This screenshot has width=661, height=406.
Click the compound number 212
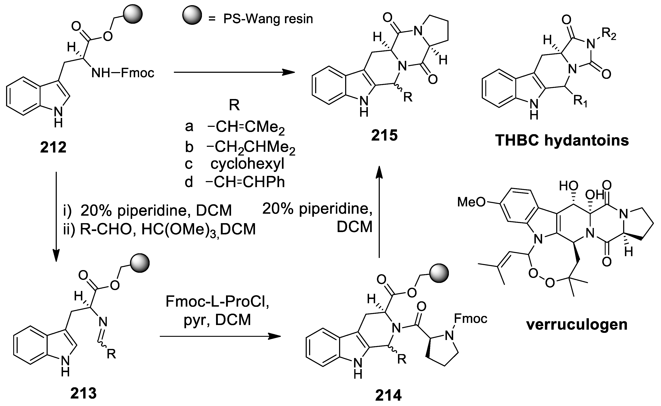[53, 147]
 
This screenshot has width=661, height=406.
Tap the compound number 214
[389, 395]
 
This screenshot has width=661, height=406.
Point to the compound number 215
[384, 135]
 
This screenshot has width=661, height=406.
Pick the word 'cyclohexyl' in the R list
[247, 164]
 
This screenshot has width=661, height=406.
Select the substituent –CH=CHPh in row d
[245, 182]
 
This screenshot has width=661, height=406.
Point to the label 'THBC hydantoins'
[562, 140]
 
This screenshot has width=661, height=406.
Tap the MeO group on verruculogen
[471, 202]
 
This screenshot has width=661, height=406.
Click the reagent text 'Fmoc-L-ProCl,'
[217, 301]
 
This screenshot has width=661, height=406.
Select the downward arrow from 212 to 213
[56, 216]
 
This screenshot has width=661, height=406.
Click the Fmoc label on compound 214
[470, 319]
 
